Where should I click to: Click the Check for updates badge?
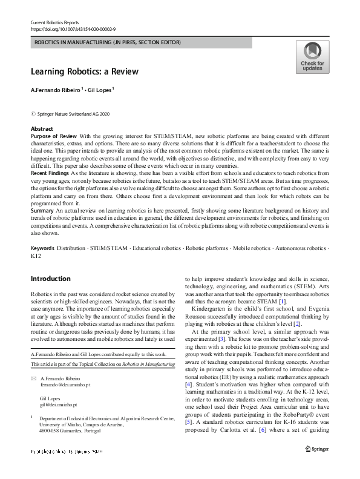[x=312, y=57]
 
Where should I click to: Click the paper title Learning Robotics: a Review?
[x=85, y=71]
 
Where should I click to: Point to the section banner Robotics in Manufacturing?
[x=107, y=42]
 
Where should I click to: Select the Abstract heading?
[x=42, y=129]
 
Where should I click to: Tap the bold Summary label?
[x=42, y=210]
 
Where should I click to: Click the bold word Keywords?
[x=42, y=248]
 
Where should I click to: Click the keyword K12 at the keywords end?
[x=36, y=256]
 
